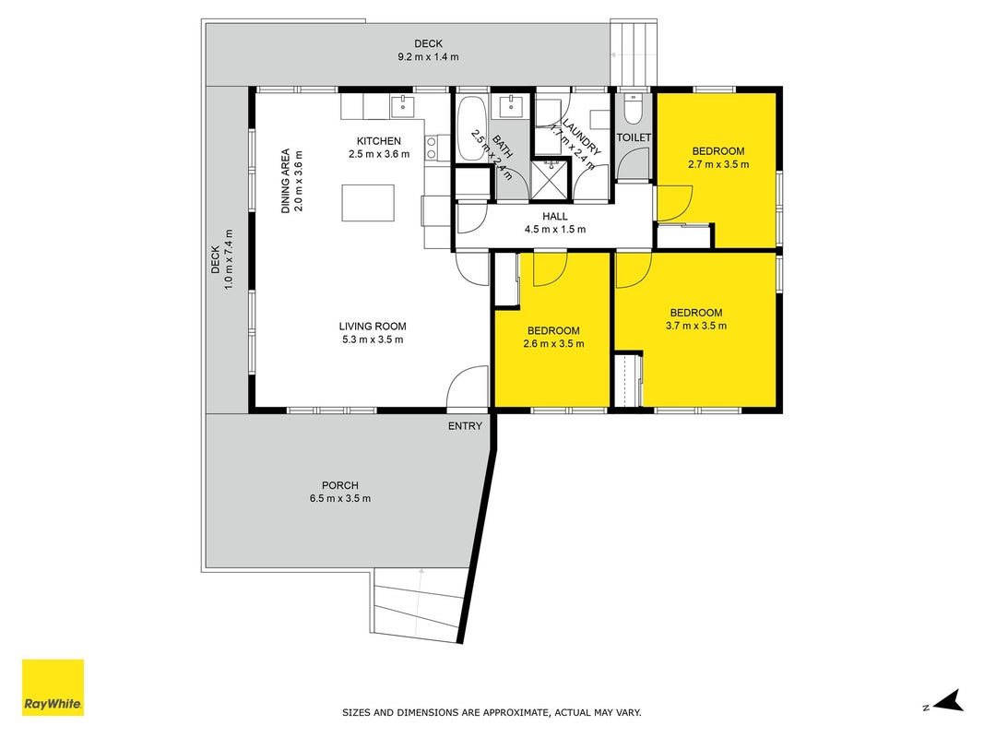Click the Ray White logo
[x=53, y=687]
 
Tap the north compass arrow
[x=948, y=700]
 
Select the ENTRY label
[x=465, y=426]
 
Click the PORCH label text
[x=340, y=485]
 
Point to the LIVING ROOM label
[x=373, y=327]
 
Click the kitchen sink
[x=402, y=107]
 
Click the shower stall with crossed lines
[x=551, y=181]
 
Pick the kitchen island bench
[x=368, y=203]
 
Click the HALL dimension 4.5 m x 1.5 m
[x=555, y=230]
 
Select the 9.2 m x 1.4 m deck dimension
[x=428, y=57]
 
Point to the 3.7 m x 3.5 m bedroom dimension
[x=696, y=326]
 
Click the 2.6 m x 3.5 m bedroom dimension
[x=553, y=344]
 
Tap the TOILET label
[x=634, y=137]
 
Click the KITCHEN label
[x=379, y=141]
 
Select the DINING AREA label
[x=286, y=181]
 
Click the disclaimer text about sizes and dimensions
[x=492, y=712]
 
